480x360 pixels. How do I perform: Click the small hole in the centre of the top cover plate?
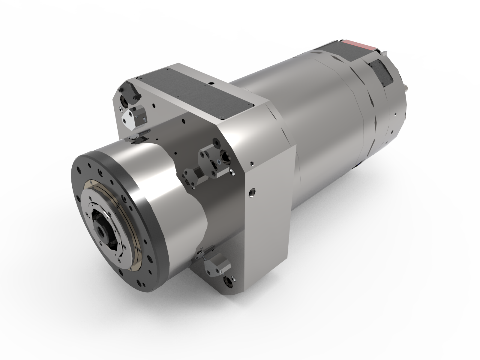coord(211,84)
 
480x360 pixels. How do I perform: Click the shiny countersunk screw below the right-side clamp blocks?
coord(232,173)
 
